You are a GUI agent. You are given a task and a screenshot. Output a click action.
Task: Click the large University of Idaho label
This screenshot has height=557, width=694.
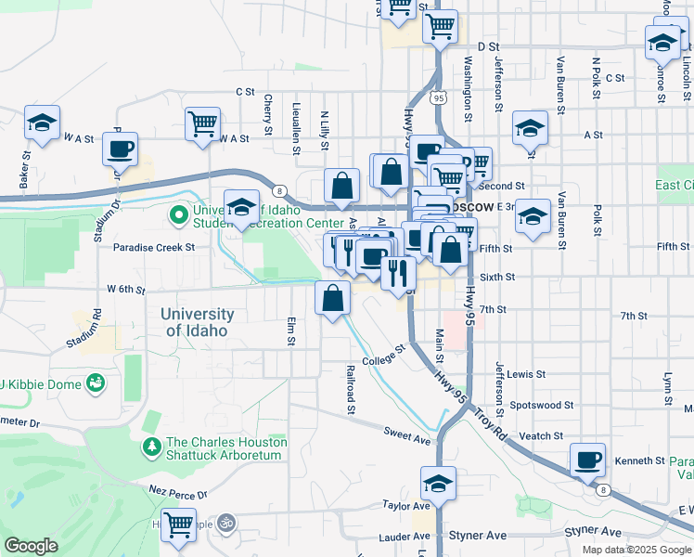[x=196, y=322]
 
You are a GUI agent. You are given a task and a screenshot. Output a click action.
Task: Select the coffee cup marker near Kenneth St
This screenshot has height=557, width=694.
[x=587, y=460]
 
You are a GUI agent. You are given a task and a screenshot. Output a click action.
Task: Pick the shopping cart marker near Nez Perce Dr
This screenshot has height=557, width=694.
[x=178, y=523]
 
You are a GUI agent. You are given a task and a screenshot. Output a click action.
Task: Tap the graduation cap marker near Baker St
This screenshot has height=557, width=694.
[x=42, y=124]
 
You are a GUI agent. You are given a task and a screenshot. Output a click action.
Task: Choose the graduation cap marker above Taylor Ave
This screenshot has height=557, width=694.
[x=438, y=483]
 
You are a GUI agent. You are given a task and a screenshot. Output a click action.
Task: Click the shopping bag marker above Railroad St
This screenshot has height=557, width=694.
[x=332, y=299]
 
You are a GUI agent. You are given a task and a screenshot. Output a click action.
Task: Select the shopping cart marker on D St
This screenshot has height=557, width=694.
[x=440, y=25]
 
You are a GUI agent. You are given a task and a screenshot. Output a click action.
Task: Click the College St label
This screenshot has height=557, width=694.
[x=384, y=356]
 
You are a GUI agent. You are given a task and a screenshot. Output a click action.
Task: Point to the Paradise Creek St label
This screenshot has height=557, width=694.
[x=154, y=248]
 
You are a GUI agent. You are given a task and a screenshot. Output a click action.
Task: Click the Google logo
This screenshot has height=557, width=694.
[x=31, y=546]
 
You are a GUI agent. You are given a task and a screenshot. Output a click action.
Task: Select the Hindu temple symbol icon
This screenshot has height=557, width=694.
[x=225, y=523]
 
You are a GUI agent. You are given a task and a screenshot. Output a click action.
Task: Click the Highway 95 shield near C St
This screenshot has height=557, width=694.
[x=438, y=96]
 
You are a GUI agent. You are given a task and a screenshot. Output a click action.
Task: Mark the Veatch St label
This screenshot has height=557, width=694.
[x=542, y=435]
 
